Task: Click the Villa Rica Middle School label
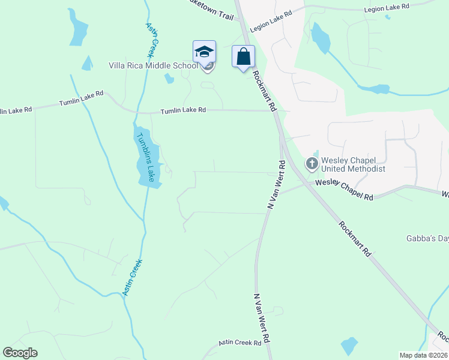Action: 152,65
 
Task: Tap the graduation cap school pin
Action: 204,52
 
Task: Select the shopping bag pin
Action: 243,57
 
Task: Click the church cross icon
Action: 312,163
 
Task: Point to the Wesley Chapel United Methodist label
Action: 353,164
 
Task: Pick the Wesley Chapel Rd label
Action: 344,190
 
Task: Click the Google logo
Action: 20,353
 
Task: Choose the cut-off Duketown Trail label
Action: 210,11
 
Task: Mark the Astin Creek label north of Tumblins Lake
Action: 154,36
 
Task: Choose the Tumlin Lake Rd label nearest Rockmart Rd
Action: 183,110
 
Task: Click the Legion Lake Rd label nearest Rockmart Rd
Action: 271,20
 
